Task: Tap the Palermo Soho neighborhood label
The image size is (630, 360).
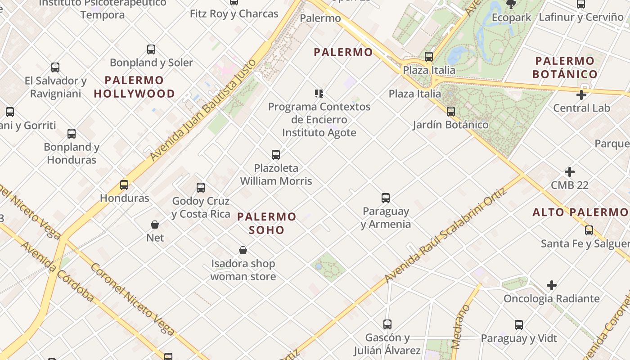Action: [x=267, y=223]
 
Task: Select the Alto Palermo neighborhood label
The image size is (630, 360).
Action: [x=580, y=212]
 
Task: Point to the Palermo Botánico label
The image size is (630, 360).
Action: [x=565, y=67]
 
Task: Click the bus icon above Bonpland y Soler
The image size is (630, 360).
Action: [x=151, y=49]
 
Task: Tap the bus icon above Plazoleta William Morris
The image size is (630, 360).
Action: [x=276, y=155]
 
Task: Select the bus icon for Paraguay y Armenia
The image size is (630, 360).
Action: [x=386, y=198]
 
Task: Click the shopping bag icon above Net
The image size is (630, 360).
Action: [x=155, y=225]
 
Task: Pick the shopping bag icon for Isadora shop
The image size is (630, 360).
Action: [x=243, y=250]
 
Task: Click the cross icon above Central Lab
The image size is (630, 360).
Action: [x=581, y=95]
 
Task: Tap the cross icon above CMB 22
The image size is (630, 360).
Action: [x=570, y=172]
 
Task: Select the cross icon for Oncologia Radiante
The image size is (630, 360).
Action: [x=552, y=285]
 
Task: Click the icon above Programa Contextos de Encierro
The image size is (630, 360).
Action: [x=319, y=94]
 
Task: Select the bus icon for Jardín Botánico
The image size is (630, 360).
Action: [x=451, y=112]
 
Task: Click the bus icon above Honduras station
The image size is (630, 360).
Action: [x=124, y=185]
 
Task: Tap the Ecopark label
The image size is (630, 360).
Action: [x=511, y=18]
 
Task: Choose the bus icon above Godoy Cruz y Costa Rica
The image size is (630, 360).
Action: [x=201, y=188]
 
